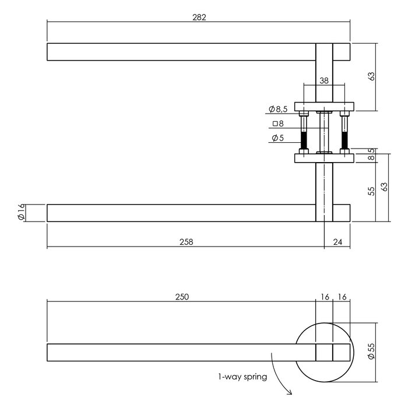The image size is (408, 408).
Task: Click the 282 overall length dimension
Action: point(198,17)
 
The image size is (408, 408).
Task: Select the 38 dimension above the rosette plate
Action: point(324,82)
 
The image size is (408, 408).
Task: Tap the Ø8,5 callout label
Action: point(279,109)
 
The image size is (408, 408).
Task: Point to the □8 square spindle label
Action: point(278,124)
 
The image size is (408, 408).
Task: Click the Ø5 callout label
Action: point(278,138)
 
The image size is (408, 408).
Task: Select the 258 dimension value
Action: point(185,241)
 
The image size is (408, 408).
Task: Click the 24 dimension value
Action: point(337,241)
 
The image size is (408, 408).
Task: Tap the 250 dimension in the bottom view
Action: point(182,297)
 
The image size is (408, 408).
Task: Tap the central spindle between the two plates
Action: point(324,132)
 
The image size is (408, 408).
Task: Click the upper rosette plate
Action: point(324,107)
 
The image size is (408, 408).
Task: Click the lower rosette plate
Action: point(324,157)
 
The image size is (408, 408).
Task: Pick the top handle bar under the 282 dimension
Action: point(181,52)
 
